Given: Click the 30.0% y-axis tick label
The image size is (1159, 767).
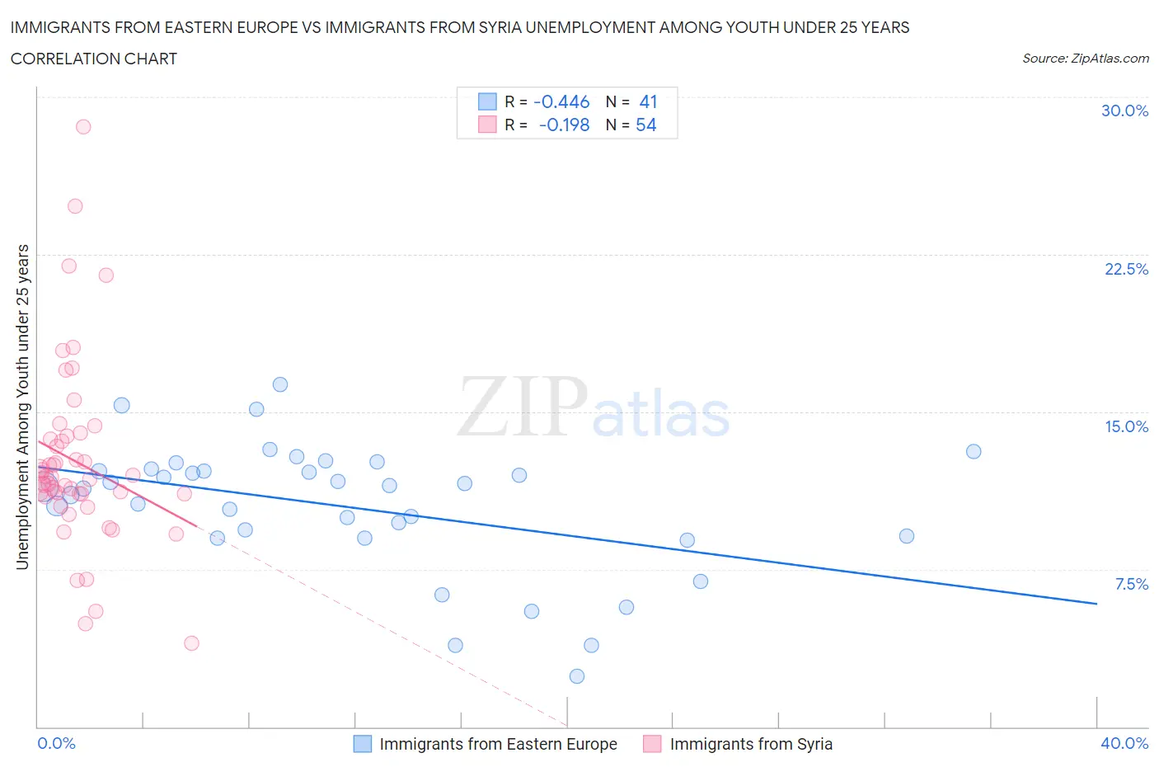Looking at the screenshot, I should coord(1124,111).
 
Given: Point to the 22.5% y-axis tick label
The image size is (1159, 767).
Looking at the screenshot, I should coord(1126,269).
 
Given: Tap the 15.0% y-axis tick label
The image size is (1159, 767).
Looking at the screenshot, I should coord(1126,426).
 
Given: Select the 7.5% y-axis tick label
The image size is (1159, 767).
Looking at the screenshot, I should coord(1131,584).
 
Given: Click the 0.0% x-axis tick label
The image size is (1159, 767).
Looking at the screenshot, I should coord(56,743).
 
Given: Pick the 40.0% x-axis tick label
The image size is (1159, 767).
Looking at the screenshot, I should coord(1124,743).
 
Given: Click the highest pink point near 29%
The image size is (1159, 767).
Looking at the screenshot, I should coord(83,127).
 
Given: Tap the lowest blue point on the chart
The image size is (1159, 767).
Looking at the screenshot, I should coord(577,676).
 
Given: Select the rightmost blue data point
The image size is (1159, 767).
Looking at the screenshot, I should coord(974,451).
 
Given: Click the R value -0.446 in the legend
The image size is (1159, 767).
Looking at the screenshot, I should coord(561,101).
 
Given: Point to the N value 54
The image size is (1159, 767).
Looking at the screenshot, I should coord(646,125).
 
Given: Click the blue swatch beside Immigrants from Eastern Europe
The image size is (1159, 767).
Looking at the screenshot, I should coord(363,744).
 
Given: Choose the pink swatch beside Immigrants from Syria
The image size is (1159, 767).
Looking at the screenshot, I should coord(653,744).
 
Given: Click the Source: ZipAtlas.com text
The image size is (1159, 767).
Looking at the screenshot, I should coord(1085,58).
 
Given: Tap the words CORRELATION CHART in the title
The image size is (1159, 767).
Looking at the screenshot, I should coord(93,59).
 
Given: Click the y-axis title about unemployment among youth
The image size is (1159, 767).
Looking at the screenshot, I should coord(23,407).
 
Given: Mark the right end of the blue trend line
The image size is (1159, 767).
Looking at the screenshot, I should coord(1096,604).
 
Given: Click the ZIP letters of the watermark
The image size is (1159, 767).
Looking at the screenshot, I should coord(523,407).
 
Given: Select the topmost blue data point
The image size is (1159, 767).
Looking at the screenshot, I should coord(280,384).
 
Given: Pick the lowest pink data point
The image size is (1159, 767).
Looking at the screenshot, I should coord(192,643).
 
